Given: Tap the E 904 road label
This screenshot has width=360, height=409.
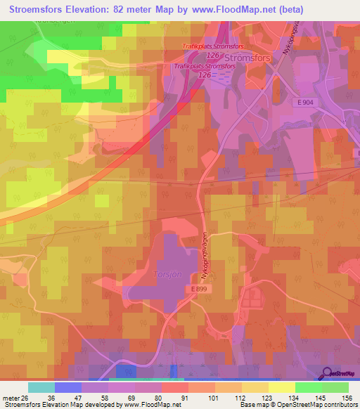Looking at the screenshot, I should tap(304, 103).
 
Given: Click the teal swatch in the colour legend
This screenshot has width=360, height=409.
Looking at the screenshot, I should tap(41, 387).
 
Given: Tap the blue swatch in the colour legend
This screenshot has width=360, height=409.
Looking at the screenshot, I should tap(68, 387).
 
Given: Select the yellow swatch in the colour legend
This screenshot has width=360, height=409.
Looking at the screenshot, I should tap(281, 387).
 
